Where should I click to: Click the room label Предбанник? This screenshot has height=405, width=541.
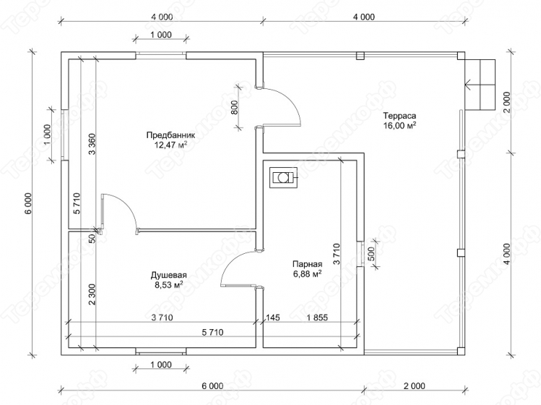[x=170, y=135]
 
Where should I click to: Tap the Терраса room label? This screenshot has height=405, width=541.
[x=399, y=116]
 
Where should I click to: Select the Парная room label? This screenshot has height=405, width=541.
[x=308, y=265]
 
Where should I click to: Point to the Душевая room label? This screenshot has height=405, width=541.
[x=169, y=275]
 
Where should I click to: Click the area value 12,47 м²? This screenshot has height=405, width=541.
[x=170, y=145]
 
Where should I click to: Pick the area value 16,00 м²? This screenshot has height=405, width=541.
[x=399, y=125]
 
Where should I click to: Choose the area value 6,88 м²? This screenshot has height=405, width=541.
[x=308, y=274]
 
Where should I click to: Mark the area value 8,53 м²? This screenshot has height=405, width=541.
[x=169, y=285]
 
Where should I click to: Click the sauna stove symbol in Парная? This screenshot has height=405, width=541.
[x=283, y=178]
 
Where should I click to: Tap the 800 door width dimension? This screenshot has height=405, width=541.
[x=235, y=108]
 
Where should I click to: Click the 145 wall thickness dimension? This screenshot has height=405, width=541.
[x=273, y=317]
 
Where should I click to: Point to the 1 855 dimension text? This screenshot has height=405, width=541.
[x=317, y=317]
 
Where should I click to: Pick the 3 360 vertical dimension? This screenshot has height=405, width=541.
[x=92, y=145]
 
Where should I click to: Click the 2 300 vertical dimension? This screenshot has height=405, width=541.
[x=92, y=295]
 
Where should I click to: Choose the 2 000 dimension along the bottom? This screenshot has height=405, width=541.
[x=414, y=385]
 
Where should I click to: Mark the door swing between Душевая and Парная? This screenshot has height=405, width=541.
[x=238, y=268]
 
